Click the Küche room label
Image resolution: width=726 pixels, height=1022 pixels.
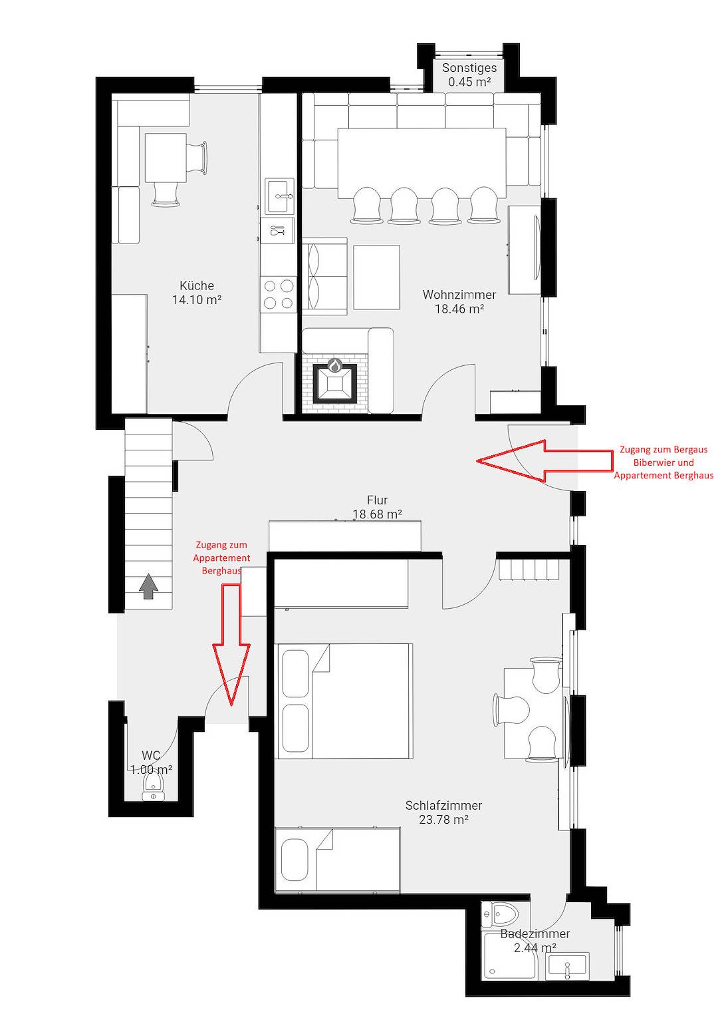197,285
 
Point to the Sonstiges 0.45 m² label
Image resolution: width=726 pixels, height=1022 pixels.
469,75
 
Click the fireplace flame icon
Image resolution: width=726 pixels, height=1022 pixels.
335,365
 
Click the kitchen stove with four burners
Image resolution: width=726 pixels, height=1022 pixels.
278,294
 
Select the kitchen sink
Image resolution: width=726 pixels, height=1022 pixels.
280,197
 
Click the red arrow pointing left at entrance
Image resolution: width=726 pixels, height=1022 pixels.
544,460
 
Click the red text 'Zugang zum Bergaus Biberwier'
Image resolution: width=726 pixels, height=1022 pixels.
664,456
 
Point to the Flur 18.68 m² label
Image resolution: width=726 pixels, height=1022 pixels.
377,507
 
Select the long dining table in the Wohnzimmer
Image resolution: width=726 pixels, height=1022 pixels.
422,163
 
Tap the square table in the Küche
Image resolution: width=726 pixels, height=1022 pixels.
166,158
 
